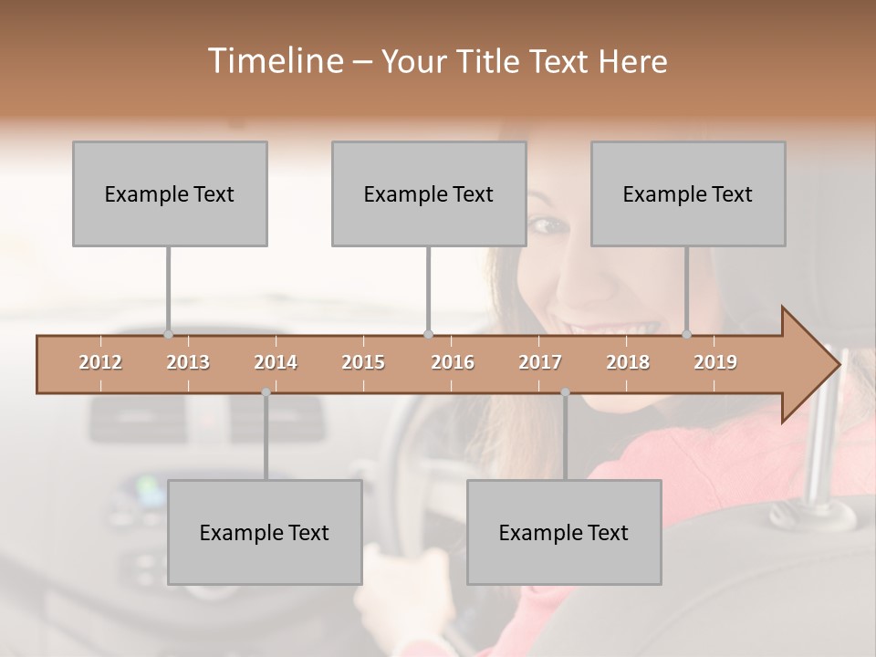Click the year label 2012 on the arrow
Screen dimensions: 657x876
(x=100, y=362)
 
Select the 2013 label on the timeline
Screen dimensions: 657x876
(x=188, y=362)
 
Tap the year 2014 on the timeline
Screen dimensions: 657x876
(x=276, y=362)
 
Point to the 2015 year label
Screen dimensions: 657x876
(x=363, y=362)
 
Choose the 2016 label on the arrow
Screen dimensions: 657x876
(x=453, y=362)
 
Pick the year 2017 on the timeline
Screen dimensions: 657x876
(x=540, y=362)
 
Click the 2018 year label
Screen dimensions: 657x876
(x=628, y=362)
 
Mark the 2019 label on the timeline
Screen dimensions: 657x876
(x=715, y=362)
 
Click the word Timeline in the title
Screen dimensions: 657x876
(x=273, y=61)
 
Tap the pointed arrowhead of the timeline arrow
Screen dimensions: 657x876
(x=821, y=364)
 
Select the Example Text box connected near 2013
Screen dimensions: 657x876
(x=170, y=193)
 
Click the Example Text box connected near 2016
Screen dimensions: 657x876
(x=429, y=193)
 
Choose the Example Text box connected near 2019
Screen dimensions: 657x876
(x=688, y=193)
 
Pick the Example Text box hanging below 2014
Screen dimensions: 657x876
(x=265, y=532)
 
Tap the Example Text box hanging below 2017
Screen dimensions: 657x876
(x=564, y=532)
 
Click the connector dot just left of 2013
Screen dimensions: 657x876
(x=168, y=334)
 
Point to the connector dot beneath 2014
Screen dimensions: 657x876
(x=266, y=392)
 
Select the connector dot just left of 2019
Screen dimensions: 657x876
(x=687, y=334)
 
